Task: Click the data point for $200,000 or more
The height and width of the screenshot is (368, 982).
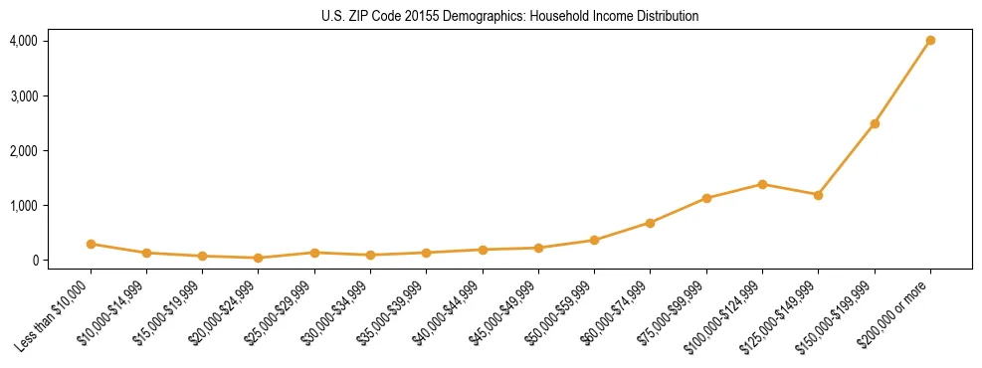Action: [x=930, y=41]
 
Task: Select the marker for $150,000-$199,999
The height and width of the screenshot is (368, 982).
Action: [x=875, y=123]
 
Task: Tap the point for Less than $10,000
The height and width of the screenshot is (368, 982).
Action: [x=91, y=244]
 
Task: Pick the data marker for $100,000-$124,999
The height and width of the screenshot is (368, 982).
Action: [x=762, y=184]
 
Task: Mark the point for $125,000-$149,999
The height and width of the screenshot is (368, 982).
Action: [x=818, y=195]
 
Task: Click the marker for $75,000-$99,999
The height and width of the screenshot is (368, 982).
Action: [x=706, y=198]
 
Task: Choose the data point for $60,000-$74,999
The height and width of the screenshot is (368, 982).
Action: [x=650, y=223]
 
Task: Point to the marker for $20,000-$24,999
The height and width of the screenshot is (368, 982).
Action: [x=259, y=258]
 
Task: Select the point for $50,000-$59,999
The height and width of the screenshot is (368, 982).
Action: [x=594, y=240]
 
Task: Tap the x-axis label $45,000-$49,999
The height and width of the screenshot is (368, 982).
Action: [x=504, y=313]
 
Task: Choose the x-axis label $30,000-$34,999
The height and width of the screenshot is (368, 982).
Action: [x=336, y=313]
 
